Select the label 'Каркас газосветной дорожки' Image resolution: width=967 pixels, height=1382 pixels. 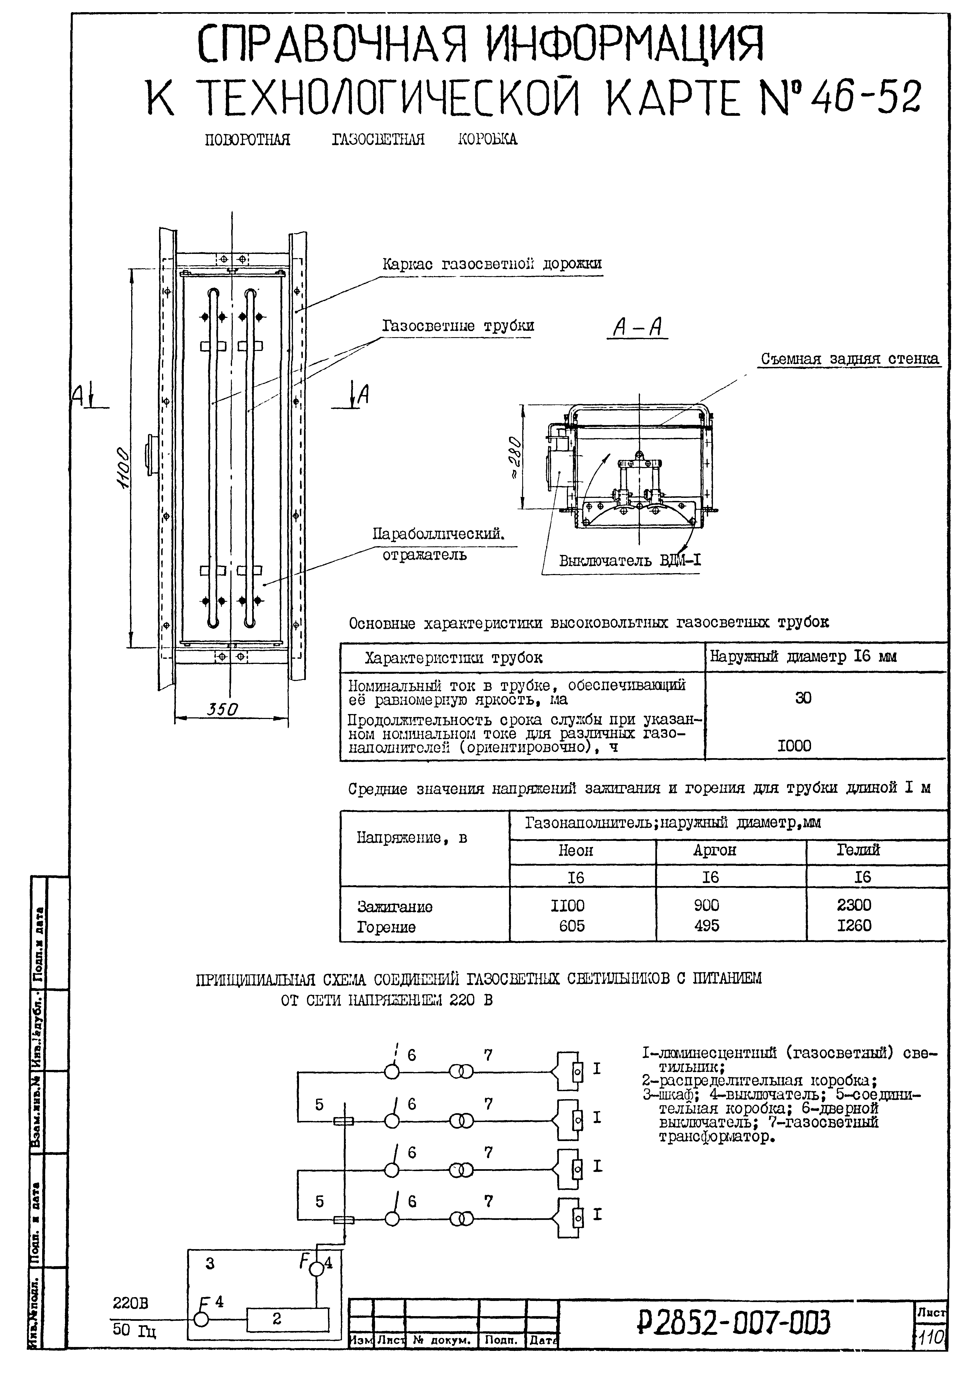click(x=492, y=264)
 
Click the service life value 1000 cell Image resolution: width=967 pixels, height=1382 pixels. click(x=794, y=746)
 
